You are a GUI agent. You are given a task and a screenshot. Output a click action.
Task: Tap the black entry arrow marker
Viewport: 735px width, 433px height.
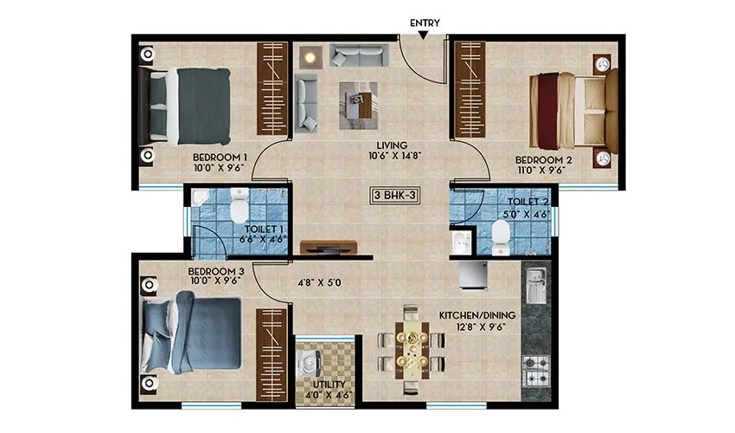click(x=421, y=35)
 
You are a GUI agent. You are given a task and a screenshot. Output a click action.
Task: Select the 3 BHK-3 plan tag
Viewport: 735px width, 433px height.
click(x=396, y=196)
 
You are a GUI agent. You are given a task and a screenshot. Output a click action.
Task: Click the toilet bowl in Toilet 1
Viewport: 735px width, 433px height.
click(x=240, y=207)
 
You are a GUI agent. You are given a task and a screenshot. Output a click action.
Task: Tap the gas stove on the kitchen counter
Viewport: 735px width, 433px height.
click(x=536, y=369)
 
